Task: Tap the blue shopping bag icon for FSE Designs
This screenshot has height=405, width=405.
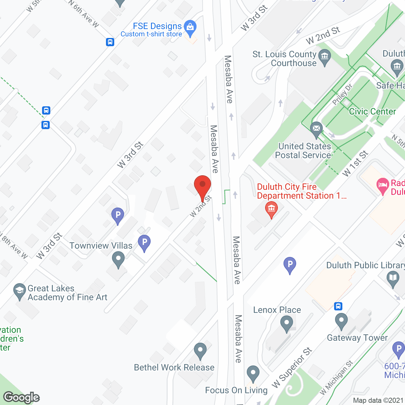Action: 190,27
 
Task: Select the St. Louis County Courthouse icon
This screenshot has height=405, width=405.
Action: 324,57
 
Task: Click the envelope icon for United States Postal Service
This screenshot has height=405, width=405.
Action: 316,129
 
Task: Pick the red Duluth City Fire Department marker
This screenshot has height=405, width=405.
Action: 271,209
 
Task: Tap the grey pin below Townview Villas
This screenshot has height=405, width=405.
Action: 118,259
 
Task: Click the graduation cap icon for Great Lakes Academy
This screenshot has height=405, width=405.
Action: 20,290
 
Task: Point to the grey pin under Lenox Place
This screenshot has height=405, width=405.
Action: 287,323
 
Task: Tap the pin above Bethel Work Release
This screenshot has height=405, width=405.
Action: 200,350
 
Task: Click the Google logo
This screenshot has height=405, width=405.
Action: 22,397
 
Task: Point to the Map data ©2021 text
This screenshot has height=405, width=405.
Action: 378,401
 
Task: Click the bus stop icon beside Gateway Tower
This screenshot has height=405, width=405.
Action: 338,306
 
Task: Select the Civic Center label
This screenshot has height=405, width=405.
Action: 372,111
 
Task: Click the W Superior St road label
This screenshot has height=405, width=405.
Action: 292,367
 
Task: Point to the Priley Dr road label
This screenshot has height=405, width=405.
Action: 342,95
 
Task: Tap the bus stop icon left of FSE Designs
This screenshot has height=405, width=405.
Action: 110,42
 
